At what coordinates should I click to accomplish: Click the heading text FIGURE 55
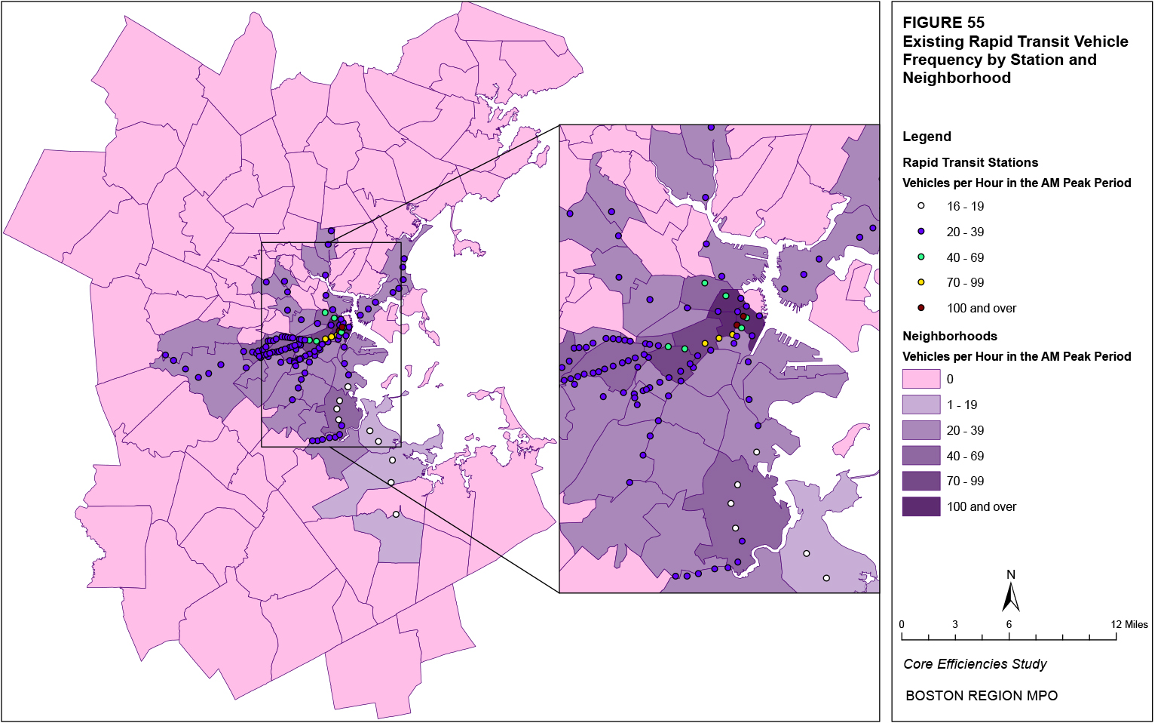943,23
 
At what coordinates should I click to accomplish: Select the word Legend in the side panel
927,137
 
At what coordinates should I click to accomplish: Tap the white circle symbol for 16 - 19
921,206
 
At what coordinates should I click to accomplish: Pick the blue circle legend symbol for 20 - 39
921,232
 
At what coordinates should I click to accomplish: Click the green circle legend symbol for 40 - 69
921,257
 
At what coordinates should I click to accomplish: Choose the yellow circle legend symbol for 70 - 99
921,282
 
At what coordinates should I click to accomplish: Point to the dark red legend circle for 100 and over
921,308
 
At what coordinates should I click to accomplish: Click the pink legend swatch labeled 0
921,379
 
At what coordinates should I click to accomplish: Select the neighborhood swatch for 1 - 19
921,405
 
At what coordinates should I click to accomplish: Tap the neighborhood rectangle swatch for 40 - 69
921,456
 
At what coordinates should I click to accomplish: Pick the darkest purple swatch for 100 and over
921,506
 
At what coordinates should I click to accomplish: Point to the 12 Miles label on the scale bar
1129,624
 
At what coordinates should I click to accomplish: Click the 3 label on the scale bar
955,624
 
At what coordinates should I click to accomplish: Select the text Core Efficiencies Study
975,664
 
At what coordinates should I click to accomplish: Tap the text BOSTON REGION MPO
982,696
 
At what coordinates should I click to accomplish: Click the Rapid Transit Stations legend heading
970,162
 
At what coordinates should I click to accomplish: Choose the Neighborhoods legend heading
950,336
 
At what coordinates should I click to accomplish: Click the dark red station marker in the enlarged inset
737,325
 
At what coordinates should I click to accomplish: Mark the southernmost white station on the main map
396,515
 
